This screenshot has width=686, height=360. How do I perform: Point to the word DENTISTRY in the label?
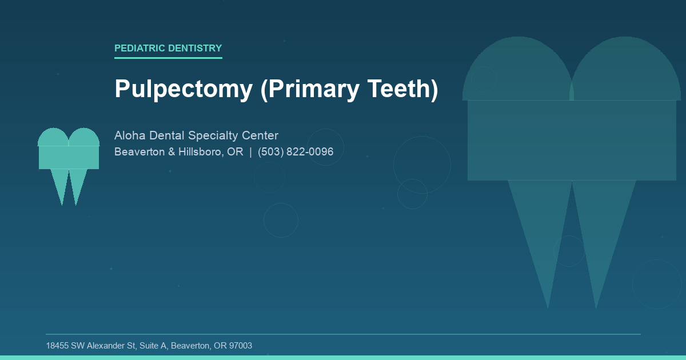(x=194, y=49)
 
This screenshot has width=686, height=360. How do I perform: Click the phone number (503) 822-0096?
(x=296, y=152)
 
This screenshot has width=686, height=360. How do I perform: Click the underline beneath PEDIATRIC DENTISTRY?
(x=168, y=58)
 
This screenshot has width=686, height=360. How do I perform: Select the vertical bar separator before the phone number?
(x=250, y=152)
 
